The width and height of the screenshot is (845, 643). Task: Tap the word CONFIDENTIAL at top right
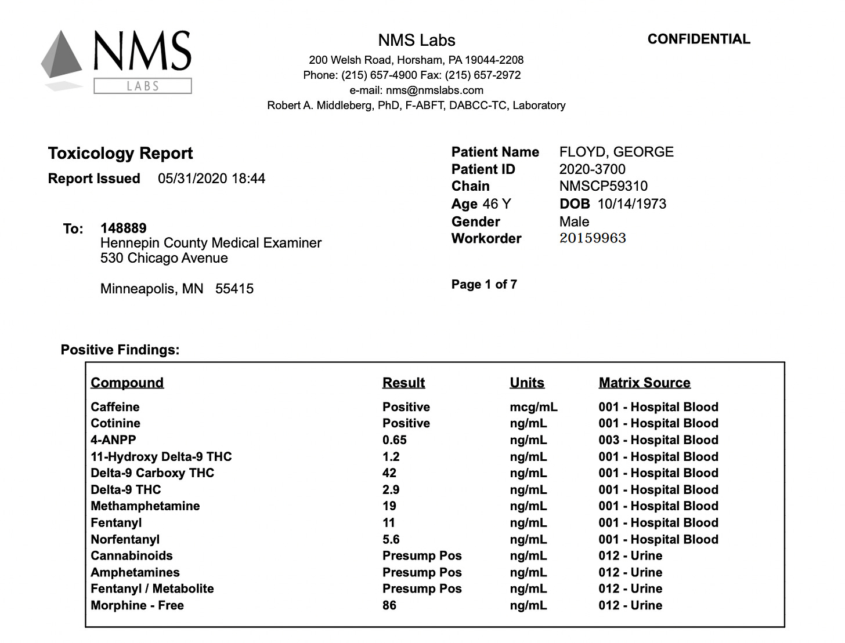(699, 39)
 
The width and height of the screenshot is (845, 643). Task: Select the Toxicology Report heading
(120, 153)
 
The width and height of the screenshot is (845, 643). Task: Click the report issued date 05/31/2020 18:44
(211, 179)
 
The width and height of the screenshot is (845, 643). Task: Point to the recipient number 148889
(123, 228)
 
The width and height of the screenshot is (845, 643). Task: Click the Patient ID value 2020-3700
(592, 169)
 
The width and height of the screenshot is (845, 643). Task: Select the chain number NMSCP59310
(603, 186)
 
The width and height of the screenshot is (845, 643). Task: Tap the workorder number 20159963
(593, 238)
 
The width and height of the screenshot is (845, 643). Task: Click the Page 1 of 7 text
(484, 284)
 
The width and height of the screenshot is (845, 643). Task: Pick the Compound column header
(127, 383)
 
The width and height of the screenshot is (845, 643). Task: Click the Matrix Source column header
(644, 383)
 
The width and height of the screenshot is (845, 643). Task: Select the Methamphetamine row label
(145, 506)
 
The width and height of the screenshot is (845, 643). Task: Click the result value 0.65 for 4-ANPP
(394, 440)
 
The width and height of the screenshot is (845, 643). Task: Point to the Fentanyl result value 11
(388, 523)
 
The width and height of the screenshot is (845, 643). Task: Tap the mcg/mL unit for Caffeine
(533, 407)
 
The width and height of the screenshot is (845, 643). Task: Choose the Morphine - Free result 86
(389, 605)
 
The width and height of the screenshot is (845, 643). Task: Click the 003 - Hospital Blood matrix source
(658, 440)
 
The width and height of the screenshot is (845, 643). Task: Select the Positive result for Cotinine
(406, 423)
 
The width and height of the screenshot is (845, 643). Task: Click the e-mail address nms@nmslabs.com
(434, 90)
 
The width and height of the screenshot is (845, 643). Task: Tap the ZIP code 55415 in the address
(234, 289)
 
